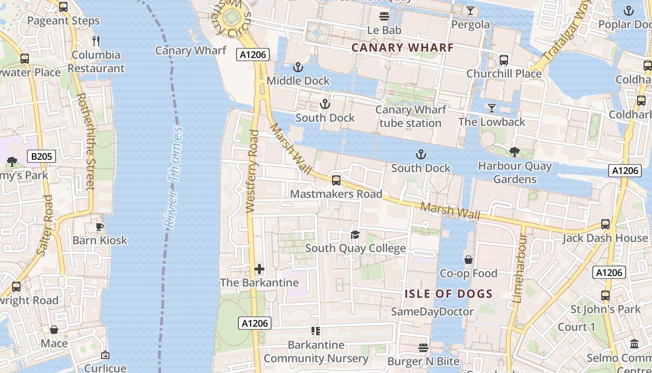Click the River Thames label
pyautogui.click(x=173, y=177)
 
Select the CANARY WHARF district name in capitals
pyautogui.click(x=402, y=48)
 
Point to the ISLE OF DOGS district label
pyautogui.click(x=448, y=294)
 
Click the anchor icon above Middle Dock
pyautogui.click(x=298, y=68)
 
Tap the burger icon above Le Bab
pyautogui.click(x=384, y=17)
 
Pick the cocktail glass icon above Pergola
pyautogui.click(x=470, y=11)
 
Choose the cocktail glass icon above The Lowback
pyautogui.click(x=491, y=108)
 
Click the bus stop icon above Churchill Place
pyautogui.click(x=504, y=60)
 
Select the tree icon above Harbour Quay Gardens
pyautogui.click(x=515, y=152)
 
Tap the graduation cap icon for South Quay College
pyautogui.click(x=355, y=235)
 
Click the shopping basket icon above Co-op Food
pyautogui.click(x=469, y=260)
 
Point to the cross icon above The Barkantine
pyautogui.click(x=259, y=269)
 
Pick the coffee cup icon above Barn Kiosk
pyautogui.click(x=100, y=227)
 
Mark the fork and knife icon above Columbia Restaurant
pyautogui.click(x=95, y=41)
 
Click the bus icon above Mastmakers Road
pyautogui.click(x=336, y=180)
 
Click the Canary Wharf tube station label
pyautogui.click(x=410, y=117)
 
